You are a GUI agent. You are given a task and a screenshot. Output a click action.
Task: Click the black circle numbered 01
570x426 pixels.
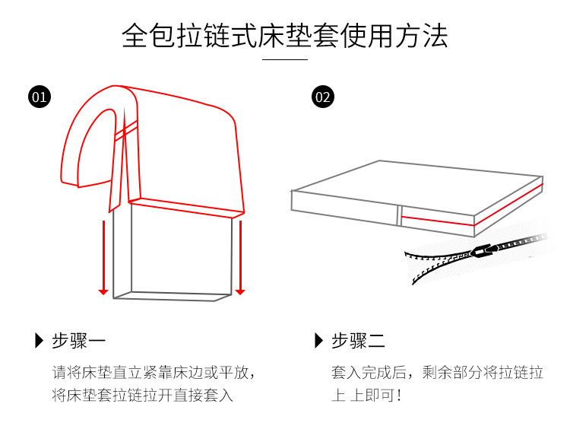click(39, 97)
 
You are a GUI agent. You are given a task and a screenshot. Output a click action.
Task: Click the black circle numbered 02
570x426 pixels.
click(322, 97)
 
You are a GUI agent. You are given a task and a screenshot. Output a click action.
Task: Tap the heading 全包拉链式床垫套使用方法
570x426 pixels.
click(284, 37)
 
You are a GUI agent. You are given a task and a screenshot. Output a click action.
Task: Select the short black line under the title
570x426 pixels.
click(284, 59)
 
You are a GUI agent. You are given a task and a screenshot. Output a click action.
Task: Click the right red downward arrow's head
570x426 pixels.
click(239, 291)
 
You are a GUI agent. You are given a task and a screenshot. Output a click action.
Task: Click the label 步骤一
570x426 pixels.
click(78, 341)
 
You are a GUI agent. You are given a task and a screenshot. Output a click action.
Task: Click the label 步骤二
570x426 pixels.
click(358, 341)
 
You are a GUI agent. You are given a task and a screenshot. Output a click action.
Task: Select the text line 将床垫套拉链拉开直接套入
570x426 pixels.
click(142, 395)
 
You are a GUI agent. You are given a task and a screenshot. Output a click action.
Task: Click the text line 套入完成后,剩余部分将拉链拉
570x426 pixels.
click(437, 373)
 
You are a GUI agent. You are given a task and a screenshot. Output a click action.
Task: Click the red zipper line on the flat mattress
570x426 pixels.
click(437, 221)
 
